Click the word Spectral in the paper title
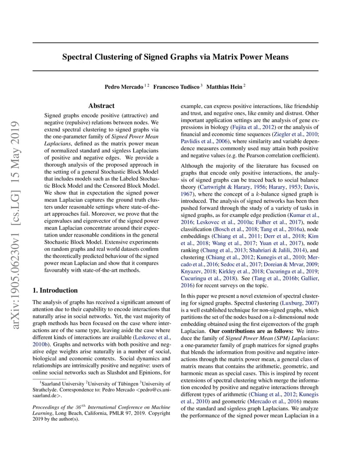77,57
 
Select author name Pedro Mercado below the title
124,87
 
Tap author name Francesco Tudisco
176,87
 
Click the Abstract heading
101,106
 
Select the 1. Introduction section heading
55,290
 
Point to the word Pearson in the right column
244,155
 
